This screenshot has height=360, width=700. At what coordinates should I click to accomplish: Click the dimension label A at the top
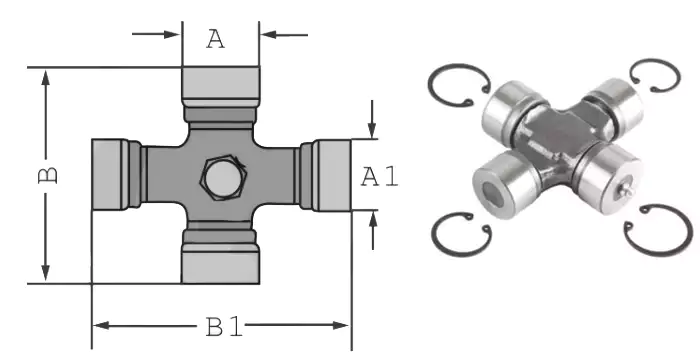point(216,39)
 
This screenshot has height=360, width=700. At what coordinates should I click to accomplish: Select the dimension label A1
point(380,177)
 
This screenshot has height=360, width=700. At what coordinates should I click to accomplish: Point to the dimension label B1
point(221,326)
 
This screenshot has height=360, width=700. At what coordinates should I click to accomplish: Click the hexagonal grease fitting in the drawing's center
point(221,179)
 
